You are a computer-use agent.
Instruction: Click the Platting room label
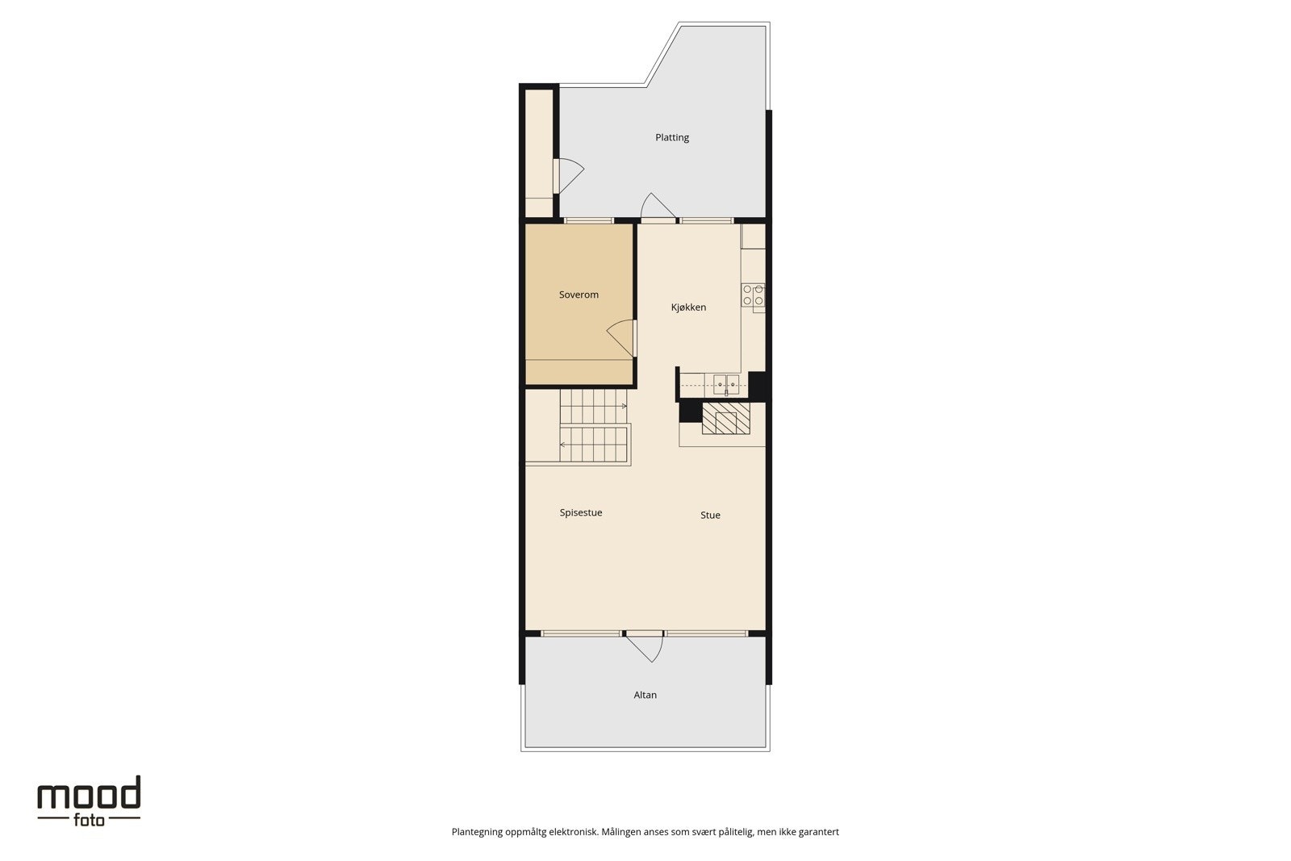tap(671, 137)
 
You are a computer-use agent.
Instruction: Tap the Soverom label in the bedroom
tap(579, 295)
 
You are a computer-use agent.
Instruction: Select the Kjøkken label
tap(688, 307)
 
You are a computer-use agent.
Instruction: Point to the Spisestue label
tap(581, 512)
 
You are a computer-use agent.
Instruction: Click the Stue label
tap(710, 515)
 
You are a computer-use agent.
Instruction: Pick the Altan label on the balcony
tap(645, 695)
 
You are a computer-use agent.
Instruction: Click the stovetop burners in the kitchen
tap(753, 295)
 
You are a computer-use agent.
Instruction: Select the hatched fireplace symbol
tap(725, 419)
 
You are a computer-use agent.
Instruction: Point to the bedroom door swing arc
tap(619, 335)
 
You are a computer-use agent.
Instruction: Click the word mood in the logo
tap(89, 795)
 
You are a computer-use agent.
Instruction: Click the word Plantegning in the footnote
tap(476, 832)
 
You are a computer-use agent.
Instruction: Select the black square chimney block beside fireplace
tap(689, 412)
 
